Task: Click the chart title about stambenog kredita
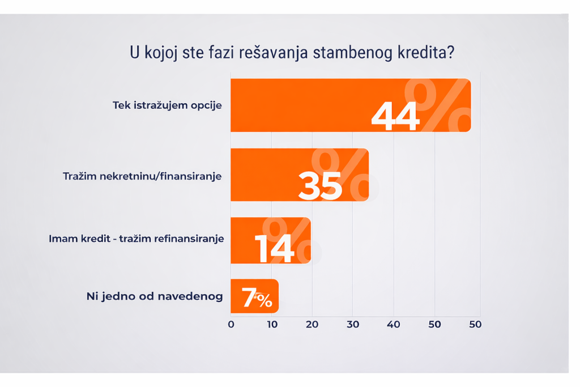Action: pyautogui.click(x=292, y=54)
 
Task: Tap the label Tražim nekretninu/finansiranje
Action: pyautogui.click(x=142, y=176)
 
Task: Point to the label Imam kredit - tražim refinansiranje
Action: pyautogui.click(x=137, y=239)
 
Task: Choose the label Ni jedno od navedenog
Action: pyautogui.click(x=155, y=296)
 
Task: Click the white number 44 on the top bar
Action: pyautogui.click(x=395, y=117)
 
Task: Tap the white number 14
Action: pyautogui.click(x=274, y=248)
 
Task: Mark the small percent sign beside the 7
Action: pyautogui.click(x=263, y=300)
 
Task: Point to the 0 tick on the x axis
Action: pyautogui.click(x=231, y=325)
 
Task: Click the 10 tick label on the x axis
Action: pyautogui.click(x=271, y=325)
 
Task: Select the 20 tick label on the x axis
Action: pyautogui.click(x=312, y=325)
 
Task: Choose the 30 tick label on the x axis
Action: pyautogui.click(x=353, y=325)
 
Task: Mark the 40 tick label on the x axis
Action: pyautogui.click(x=394, y=325)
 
